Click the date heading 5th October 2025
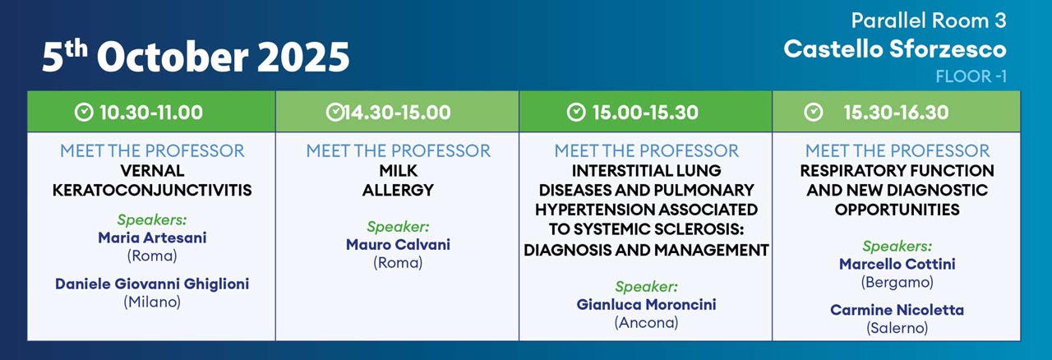[x=196, y=57]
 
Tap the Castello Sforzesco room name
[x=895, y=48]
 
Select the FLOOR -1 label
[x=971, y=76]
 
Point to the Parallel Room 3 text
[x=929, y=21]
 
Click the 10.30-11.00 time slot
[x=151, y=113]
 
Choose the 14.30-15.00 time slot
[x=397, y=113]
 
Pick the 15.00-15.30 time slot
[x=645, y=113]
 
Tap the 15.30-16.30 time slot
[x=896, y=113]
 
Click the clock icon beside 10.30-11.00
[x=84, y=113]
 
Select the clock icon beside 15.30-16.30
[x=814, y=113]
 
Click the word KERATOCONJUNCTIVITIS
[x=152, y=191]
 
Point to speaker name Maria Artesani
[x=152, y=238]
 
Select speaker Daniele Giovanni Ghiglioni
[x=152, y=284]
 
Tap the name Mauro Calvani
[x=399, y=244]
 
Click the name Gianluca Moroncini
[x=646, y=305]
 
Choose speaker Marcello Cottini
[x=897, y=264]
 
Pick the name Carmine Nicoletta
[x=897, y=310]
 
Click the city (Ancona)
[x=646, y=322]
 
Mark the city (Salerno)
[x=897, y=328]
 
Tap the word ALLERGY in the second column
[x=399, y=191]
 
